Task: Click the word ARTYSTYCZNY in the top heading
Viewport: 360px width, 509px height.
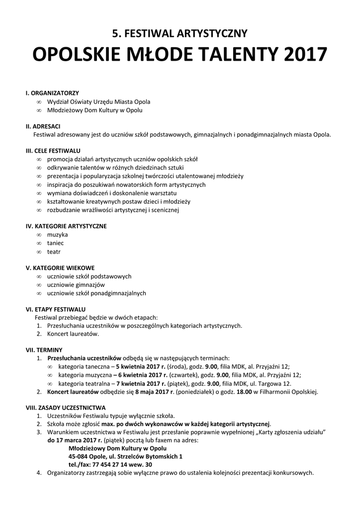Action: point(210,34)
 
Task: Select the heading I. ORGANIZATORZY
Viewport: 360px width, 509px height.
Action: point(52,93)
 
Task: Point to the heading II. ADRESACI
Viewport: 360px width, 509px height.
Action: point(43,126)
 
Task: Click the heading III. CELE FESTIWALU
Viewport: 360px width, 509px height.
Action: point(53,151)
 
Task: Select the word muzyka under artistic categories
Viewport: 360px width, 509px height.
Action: point(57,234)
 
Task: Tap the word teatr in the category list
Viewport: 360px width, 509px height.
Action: point(54,252)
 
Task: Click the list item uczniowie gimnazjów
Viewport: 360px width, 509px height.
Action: point(76,285)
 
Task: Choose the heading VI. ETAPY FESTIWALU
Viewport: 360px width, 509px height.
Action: point(56,309)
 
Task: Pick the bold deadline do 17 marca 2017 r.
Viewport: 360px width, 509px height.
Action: point(75,440)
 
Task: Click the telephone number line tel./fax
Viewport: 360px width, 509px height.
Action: point(110,464)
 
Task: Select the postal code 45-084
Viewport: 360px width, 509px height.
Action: point(79,456)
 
